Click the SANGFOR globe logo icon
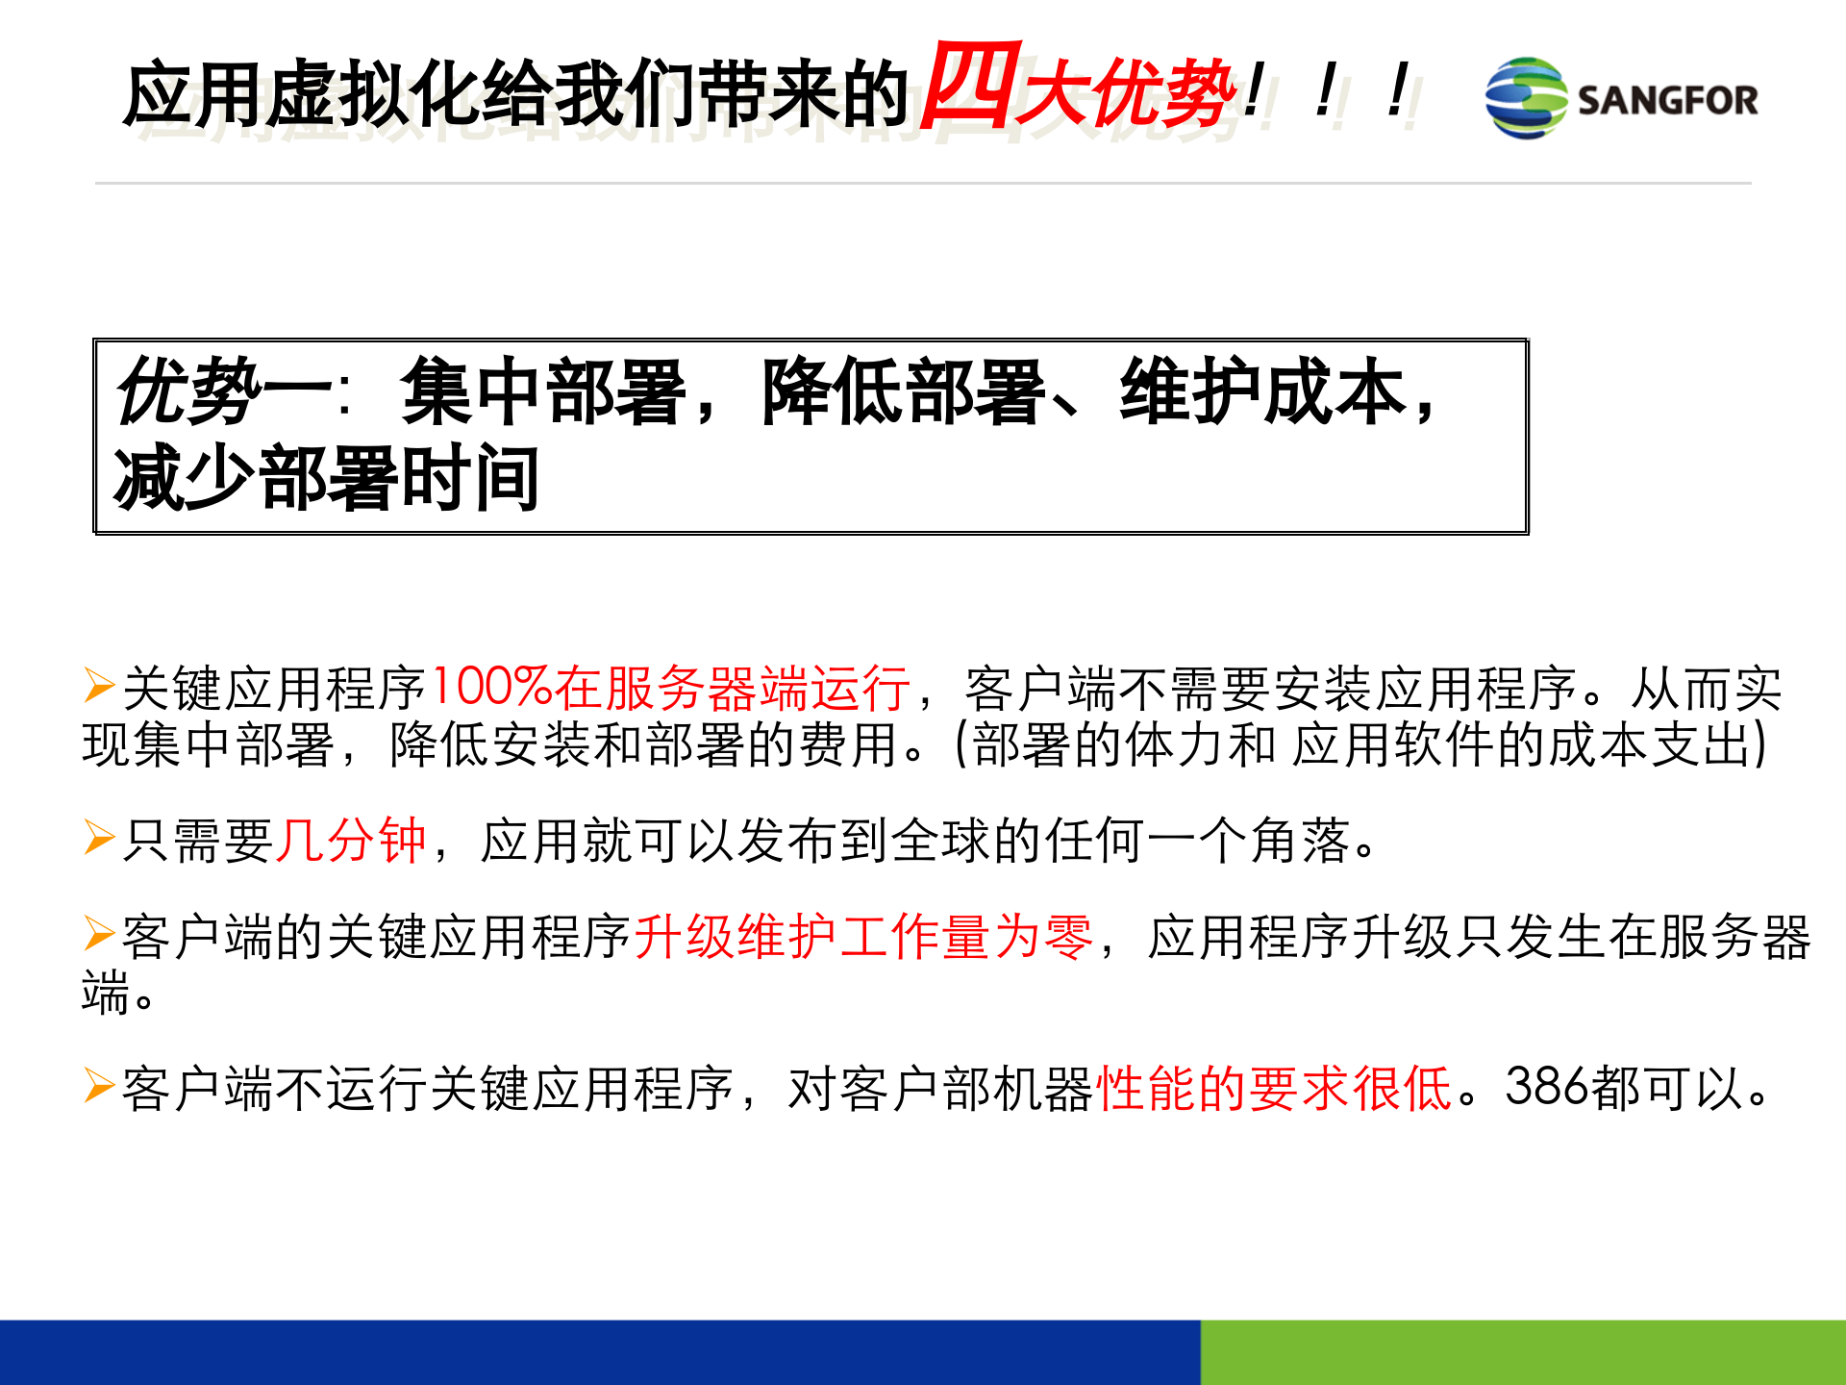point(1526,98)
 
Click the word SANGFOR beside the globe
point(1667,100)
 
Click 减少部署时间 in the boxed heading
point(327,478)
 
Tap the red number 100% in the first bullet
point(490,688)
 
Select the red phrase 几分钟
point(352,841)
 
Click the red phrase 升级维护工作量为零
point(863,937)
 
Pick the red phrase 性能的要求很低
point(1275,1089)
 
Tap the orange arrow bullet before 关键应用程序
point(99,686)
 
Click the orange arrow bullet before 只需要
point(99,838)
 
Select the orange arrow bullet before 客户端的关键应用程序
point(99,934)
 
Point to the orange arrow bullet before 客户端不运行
point(99,1086)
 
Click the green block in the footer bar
point(1523,1352)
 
